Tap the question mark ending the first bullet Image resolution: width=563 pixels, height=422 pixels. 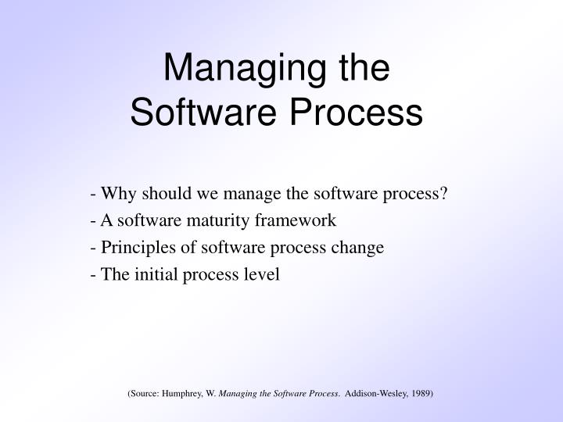[443, 194]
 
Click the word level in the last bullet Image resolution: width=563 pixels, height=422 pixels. [263, 275]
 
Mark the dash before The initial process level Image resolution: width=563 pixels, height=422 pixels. [94, 275]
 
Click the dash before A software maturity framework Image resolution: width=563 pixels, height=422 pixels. [94, 221]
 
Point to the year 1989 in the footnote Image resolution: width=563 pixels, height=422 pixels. [421, 394]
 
